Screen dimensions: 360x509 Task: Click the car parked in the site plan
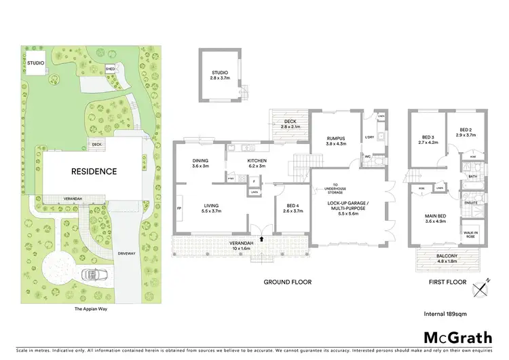click(92, 275)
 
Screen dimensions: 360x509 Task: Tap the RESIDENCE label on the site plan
click(94, 171)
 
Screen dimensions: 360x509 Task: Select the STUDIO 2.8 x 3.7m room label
click(219, 76)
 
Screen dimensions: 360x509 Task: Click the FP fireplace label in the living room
click(179, 207)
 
